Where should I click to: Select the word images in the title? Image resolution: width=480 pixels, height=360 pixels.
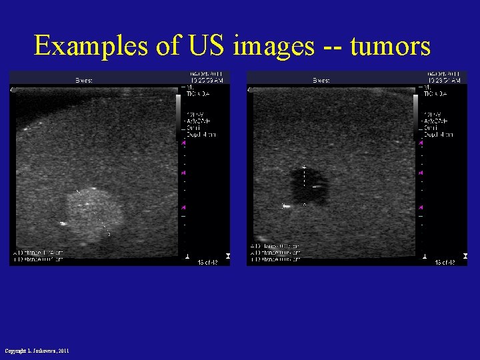[x=273, y=45]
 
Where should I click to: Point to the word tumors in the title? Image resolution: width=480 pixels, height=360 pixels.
[x=390, y=45]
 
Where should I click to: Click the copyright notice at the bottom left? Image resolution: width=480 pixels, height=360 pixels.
[x=37, y=351]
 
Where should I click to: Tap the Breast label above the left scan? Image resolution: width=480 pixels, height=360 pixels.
[x=83, y=80]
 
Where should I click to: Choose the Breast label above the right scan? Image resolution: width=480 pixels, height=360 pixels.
[x=322, y=80]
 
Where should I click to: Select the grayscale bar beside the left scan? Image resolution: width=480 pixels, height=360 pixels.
[x=179, y=116]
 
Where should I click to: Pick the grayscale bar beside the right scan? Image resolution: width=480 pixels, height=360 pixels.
[x=416, y=116]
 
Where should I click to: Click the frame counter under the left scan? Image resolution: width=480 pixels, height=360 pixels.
[x=205, y=262]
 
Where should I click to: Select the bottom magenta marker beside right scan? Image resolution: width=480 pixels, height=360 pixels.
[x=421, y=207]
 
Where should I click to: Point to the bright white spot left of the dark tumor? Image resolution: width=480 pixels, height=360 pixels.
[x=287, y=206]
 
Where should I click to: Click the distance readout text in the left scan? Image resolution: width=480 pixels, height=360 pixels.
[x=38, y=256]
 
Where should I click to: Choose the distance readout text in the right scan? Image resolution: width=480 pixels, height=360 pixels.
[x=275, y=254]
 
